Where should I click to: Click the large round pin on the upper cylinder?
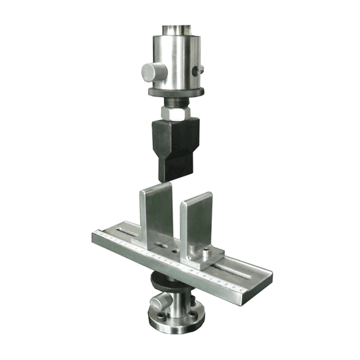coord(151,73)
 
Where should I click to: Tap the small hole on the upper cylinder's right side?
coord(200,70)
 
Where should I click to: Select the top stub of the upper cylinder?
coord(175,30)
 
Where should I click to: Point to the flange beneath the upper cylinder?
coord(176,92)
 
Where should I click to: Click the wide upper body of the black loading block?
coord(176,136)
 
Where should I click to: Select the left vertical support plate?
coord(155,213)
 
